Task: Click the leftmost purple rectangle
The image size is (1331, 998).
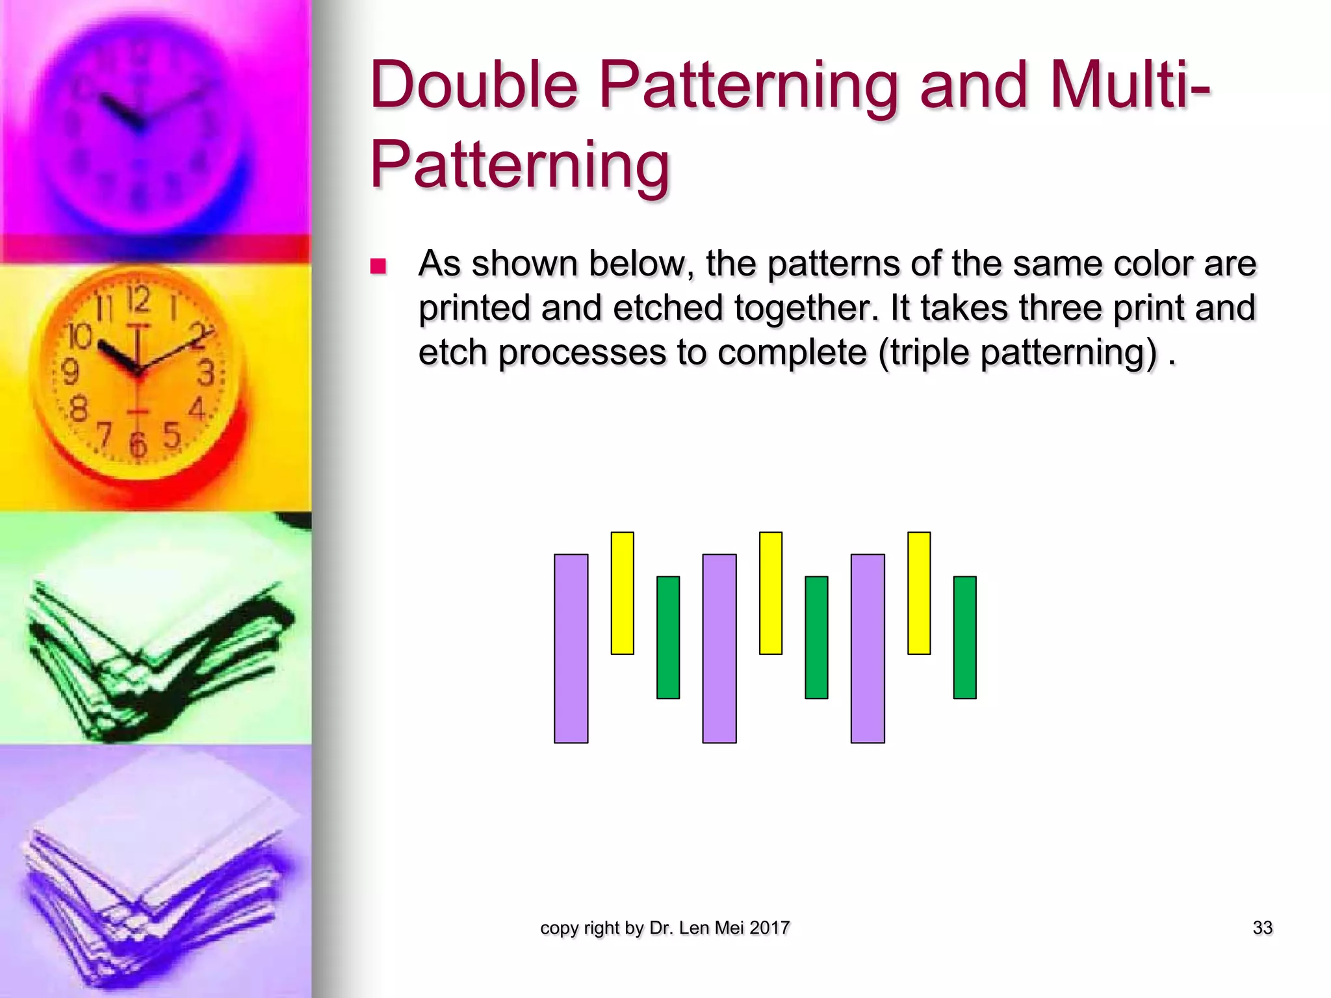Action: (571, 648)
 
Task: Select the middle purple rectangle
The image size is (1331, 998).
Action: (719, 648)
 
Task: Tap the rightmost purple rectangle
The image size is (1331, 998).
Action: (867, 648)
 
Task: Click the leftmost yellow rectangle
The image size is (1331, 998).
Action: (622, 593)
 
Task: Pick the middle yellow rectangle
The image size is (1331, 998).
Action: (770, 593)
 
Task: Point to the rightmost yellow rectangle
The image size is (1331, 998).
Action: (919, 593)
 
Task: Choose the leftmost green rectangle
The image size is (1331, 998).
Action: (668, 637)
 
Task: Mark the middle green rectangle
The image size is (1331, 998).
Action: (816, 637)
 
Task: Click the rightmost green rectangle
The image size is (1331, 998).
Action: (964, 637)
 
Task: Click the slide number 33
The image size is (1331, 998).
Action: (1262, 928)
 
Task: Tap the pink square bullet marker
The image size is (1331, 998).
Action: (378, 266)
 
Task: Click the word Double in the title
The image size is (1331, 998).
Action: (474, 86)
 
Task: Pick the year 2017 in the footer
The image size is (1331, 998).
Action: (769, 928)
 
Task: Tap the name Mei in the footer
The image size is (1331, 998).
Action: (729, 928)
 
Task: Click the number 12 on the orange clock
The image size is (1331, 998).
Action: (138, 300)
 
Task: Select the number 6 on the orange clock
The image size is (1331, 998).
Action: (138, 444)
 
